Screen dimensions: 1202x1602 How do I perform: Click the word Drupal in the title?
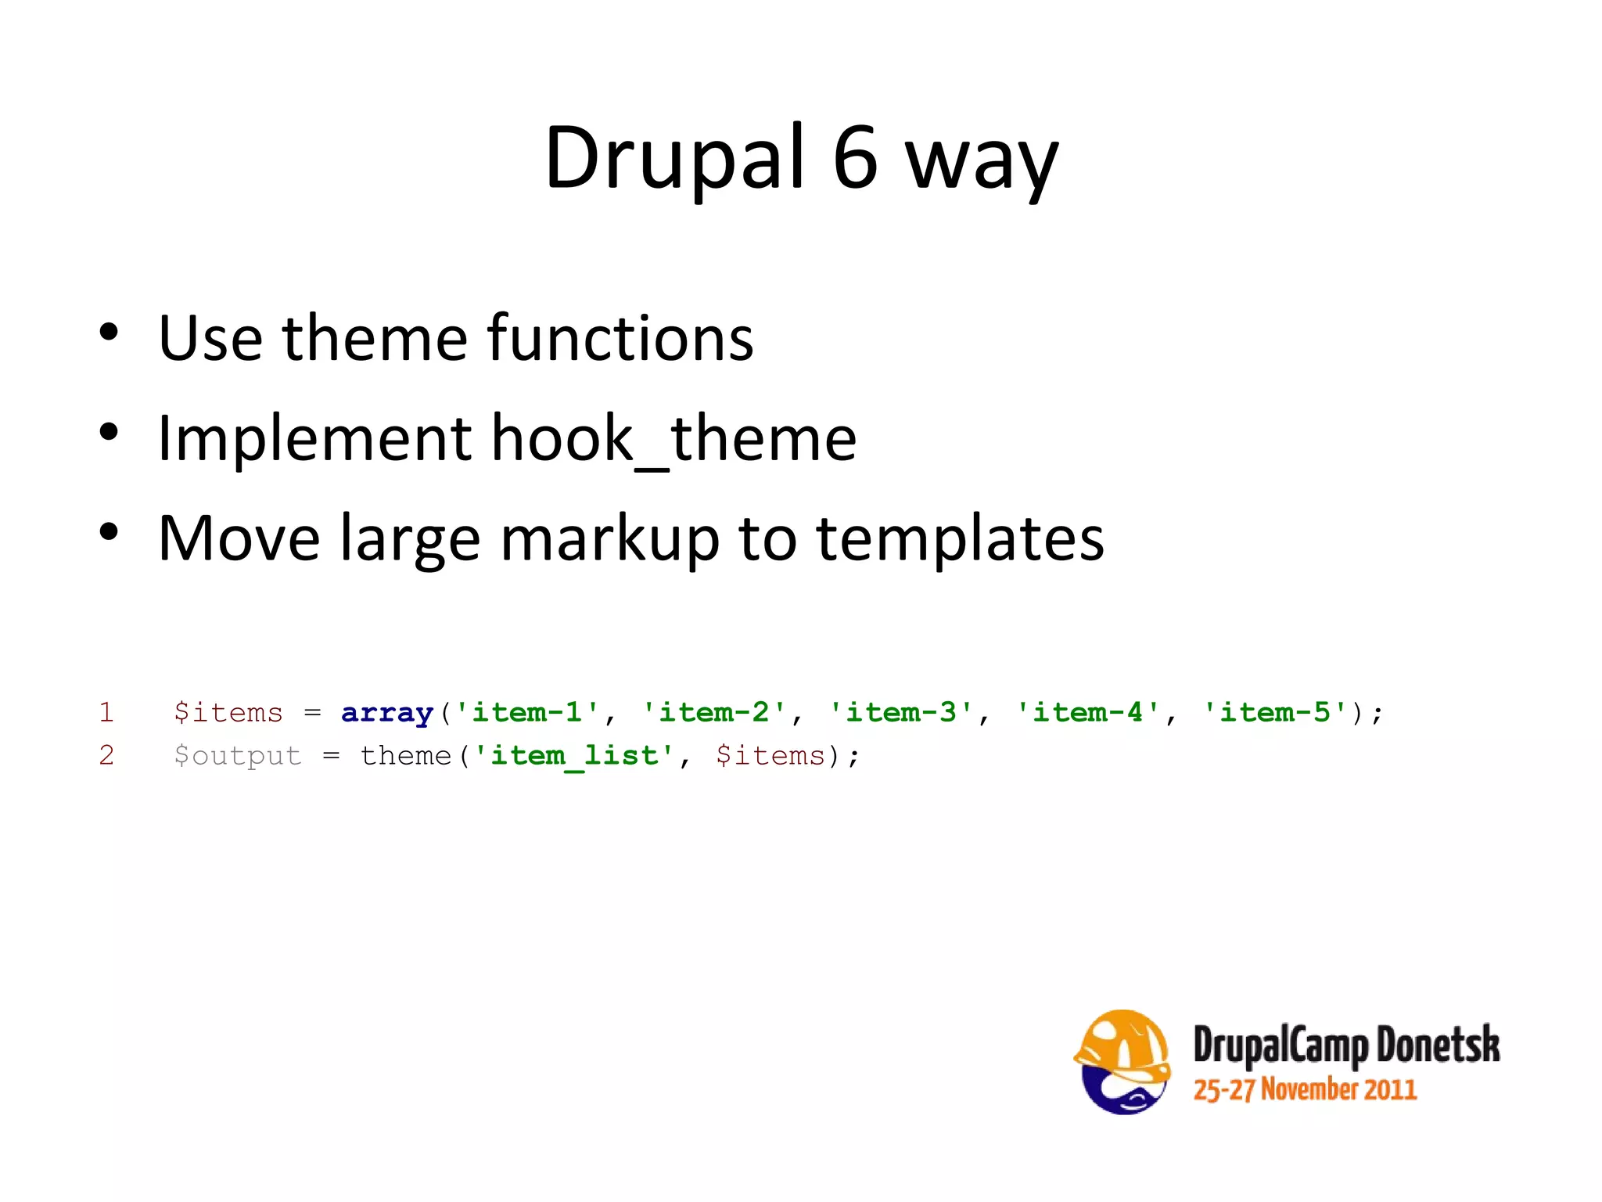(673, 158)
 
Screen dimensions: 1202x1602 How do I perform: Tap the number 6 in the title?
(855, 158)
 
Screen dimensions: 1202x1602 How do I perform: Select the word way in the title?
(981, 164)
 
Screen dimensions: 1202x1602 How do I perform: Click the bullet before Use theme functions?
(109, 333)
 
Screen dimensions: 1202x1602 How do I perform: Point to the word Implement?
(314, 440)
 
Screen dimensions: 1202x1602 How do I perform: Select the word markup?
(609, 540)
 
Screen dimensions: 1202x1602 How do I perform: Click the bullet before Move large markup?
(109, 533)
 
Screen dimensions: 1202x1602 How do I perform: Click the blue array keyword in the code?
(387, 713)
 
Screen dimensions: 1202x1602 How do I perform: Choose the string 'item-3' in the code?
(901, 712)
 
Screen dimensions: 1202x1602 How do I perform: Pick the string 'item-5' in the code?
(1275, 712)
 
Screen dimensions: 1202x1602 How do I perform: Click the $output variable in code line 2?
(238, 756)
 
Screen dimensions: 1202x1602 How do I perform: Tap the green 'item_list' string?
(574, 756)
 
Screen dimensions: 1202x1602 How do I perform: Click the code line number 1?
(106, 712)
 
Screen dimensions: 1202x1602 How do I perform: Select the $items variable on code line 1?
(228, 713)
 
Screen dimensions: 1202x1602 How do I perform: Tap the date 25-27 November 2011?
(1305, 1090)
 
